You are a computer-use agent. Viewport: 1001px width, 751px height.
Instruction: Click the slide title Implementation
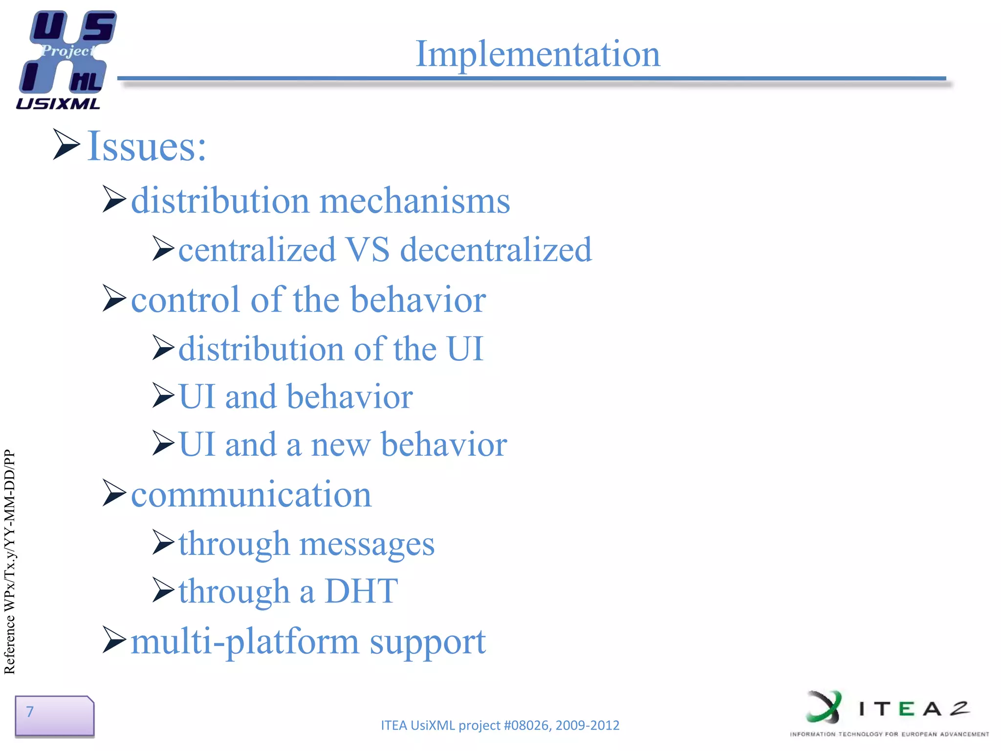(x=537, y=54)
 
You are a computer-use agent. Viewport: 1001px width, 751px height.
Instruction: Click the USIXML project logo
(x=66, y=59)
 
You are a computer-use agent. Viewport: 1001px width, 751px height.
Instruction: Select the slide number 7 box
(x=54, y=715)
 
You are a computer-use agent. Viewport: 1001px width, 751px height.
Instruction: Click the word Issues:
(x=147, y=146)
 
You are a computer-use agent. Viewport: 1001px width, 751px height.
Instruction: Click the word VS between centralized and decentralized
(x=368, y=250)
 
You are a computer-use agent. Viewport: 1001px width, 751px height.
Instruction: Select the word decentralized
(x=496, y=250)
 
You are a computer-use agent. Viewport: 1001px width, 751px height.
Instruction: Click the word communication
(x=251, y=495)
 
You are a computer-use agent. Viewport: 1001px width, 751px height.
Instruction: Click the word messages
(x=367, y=544)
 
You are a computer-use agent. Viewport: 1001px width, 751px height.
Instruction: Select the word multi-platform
(x=244, y=641)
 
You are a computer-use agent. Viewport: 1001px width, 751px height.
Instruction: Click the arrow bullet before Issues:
(x=65, y=144)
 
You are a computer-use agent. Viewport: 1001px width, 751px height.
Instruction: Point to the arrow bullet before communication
(x=114, y=493)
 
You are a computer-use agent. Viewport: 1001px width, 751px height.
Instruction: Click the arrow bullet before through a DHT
(x=163, y=589)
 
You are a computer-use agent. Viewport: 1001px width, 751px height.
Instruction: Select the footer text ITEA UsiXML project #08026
(x=500, y=725)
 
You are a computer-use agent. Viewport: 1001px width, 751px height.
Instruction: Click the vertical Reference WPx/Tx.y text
(x=10, y=562)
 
